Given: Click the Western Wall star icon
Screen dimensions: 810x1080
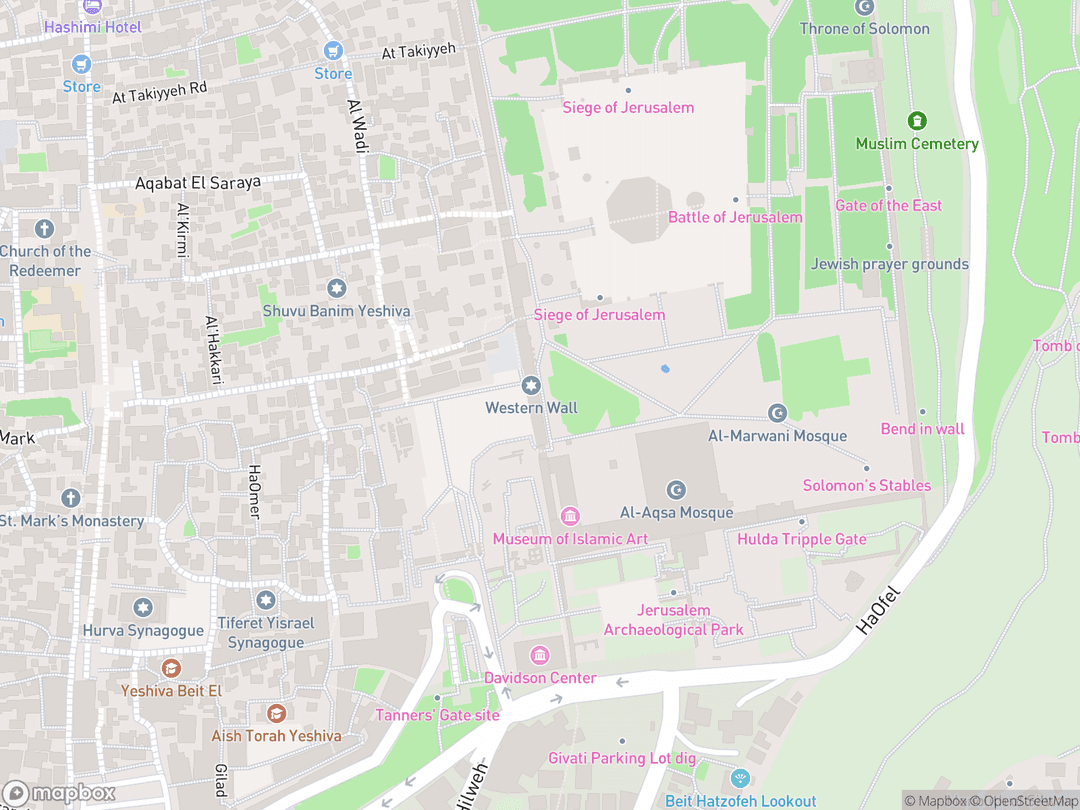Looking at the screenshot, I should click(x=531, y=385).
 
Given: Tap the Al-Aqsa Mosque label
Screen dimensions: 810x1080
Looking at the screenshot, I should click(x=677, y=513).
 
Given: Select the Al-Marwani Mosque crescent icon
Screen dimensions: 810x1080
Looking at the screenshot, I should click(x=777, y=413).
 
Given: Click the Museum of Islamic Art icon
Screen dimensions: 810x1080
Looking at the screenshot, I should click(x=570, y=516).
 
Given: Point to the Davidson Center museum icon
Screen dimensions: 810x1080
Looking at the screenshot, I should click(x=540, y=655).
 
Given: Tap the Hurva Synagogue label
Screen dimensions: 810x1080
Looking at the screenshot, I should click(x=143, y=631).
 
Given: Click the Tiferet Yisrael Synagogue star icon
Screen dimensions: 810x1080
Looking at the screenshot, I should click(x=265, y=600).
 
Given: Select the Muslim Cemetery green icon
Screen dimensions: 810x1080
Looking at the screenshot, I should click(x=917, y=121).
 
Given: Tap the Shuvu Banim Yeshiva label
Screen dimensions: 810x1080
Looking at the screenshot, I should click(x=336, y=311).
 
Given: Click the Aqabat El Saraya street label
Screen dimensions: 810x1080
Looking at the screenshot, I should click(x=198, y=183).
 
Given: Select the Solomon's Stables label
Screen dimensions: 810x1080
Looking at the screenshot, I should click(x=867, y=486).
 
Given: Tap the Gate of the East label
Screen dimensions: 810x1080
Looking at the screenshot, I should click(x=888, y=205).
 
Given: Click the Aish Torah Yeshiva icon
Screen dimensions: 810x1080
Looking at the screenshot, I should click(x=276, y=713).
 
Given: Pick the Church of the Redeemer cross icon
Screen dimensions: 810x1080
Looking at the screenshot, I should click(x=44, y=229).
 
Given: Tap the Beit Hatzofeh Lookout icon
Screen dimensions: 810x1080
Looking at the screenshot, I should click(x=740, y=778).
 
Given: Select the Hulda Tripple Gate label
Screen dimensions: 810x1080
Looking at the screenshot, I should click(x=802, y=539).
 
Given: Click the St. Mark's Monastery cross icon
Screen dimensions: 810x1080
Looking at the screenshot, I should click(x=70, y=498).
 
